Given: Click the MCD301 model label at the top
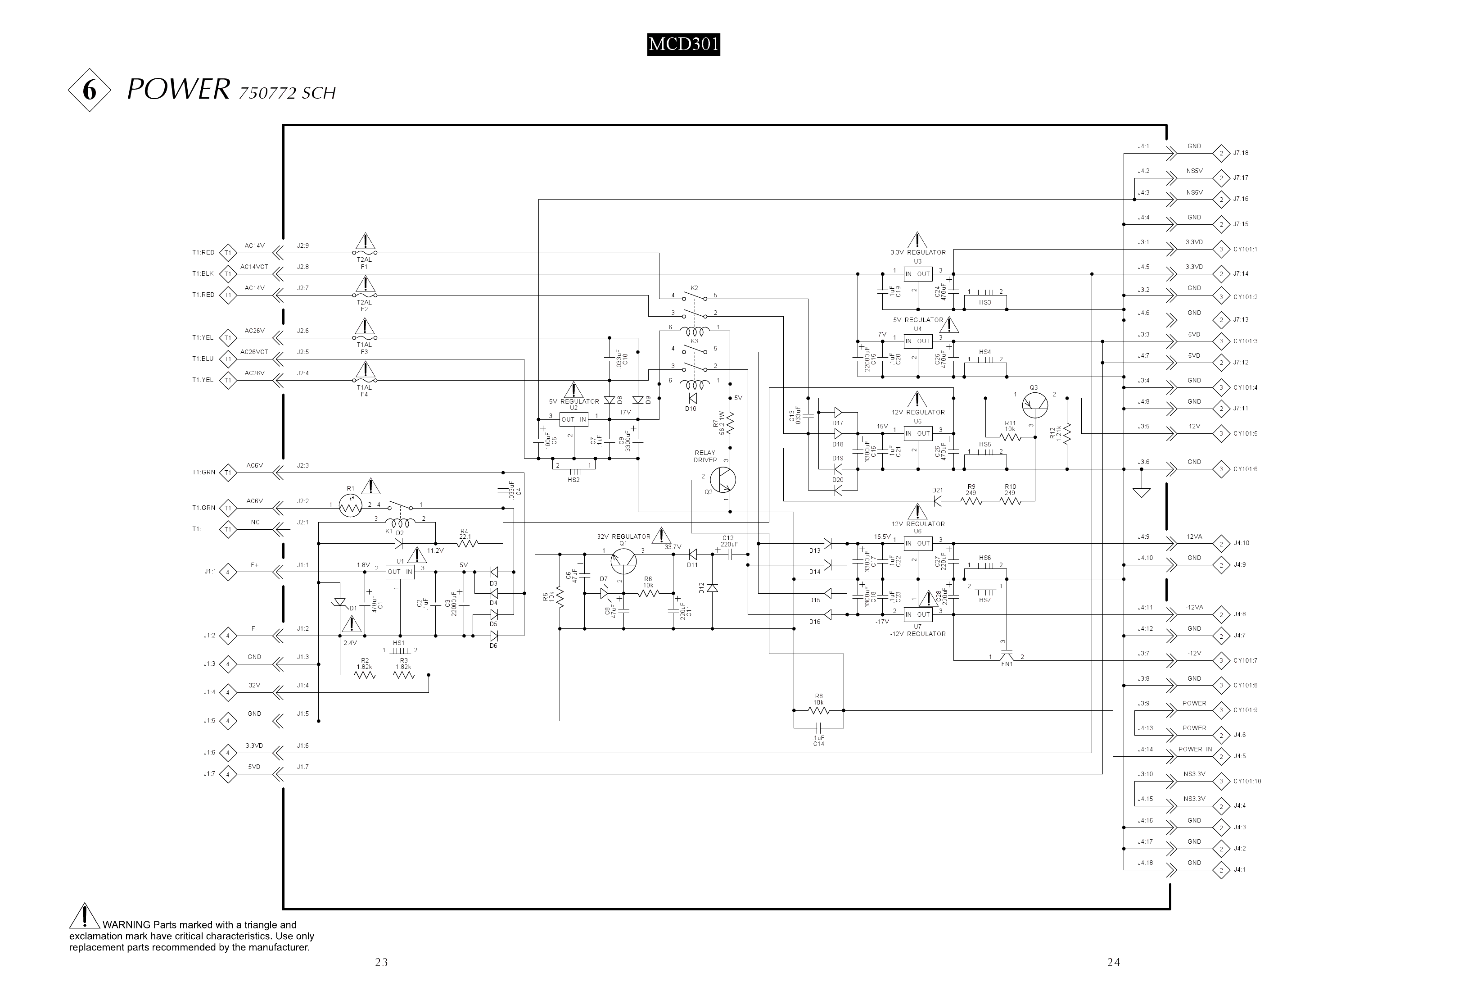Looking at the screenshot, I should pos(683,45).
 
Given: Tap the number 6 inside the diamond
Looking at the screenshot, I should pos(90,91).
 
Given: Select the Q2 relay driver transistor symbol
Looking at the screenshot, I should pos(722,479).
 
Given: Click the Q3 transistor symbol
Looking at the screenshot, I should pos(1034,405).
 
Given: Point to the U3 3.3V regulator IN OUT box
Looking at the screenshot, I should pos(917,274).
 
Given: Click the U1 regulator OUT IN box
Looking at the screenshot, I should pos(400,572).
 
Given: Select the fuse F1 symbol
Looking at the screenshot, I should pos(365,253).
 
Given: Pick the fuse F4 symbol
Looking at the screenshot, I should pos(365,381).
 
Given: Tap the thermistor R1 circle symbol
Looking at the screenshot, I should pos(351,505).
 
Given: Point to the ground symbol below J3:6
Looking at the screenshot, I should pos(1141,492).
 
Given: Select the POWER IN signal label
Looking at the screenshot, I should pos(1195,750).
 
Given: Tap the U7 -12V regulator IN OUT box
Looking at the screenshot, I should pos(917,614).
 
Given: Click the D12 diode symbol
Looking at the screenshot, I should pos(712,588).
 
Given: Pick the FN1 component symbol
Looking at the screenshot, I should pos(1006,656).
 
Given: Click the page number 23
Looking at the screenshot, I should pos(381,962).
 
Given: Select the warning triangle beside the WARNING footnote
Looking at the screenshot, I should pos(84,917).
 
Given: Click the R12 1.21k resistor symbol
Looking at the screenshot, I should pos(1068,433).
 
